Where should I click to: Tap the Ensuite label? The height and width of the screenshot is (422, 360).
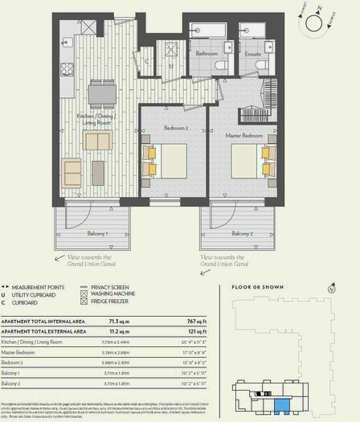coord(252,55)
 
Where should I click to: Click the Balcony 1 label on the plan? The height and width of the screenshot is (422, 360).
coord(94,233)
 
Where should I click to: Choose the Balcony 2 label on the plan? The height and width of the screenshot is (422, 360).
coord(242,233)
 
